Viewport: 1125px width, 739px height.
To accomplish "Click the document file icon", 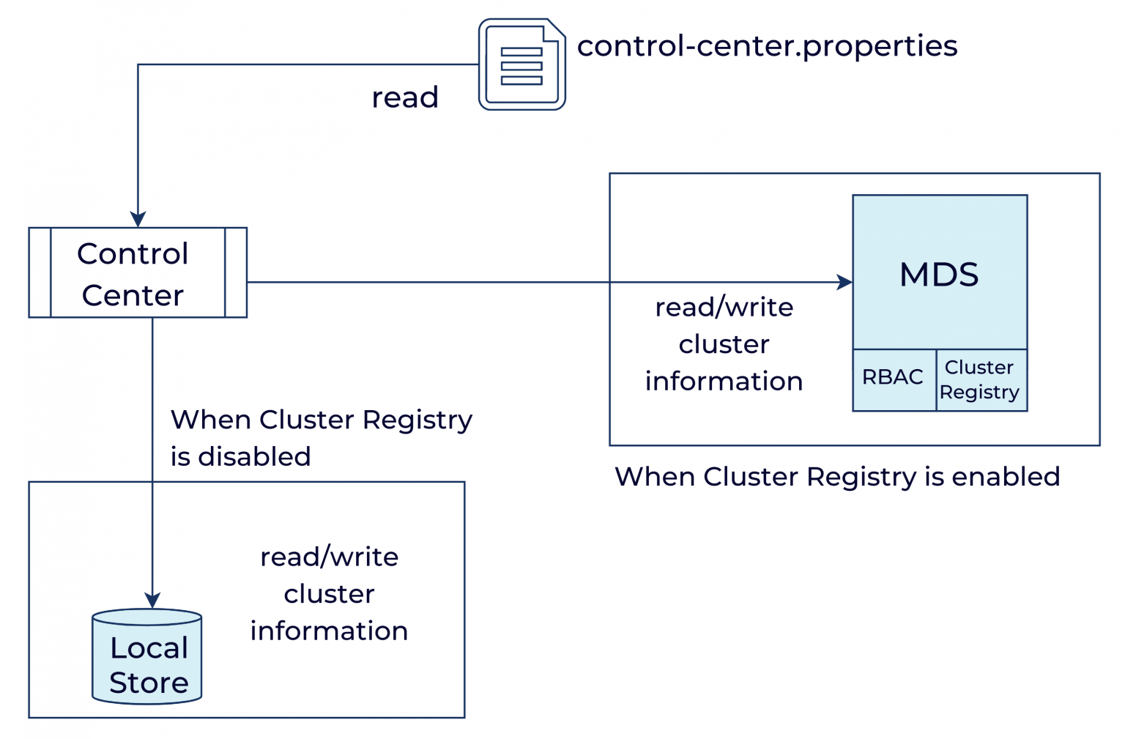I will [521, 64].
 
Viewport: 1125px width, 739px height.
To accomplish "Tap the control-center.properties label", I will [767, 46].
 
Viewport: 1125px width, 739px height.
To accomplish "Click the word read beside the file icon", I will [405, 97].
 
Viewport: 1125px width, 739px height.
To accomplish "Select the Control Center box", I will [138, 272].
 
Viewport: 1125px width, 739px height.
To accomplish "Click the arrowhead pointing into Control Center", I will [138, 219].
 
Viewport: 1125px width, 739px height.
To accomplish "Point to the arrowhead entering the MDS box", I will [844, 282].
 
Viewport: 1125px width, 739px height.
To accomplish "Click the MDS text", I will [939, 275].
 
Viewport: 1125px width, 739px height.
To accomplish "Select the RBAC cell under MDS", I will [893, 377].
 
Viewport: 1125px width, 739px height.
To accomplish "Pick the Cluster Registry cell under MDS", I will [980, 379].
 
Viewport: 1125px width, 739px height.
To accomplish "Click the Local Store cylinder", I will [147, 657].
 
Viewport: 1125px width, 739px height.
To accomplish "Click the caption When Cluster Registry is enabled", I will [837, 477].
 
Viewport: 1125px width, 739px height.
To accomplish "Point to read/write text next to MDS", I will [724, 308].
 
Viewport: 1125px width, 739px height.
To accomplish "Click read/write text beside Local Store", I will [329, 557].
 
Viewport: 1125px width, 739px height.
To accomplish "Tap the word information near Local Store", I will [329, 631].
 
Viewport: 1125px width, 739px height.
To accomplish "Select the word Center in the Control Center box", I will [133, 296].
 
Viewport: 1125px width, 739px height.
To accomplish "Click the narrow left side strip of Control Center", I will [40, 272].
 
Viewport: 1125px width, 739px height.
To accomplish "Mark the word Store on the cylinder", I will [149, 683].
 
